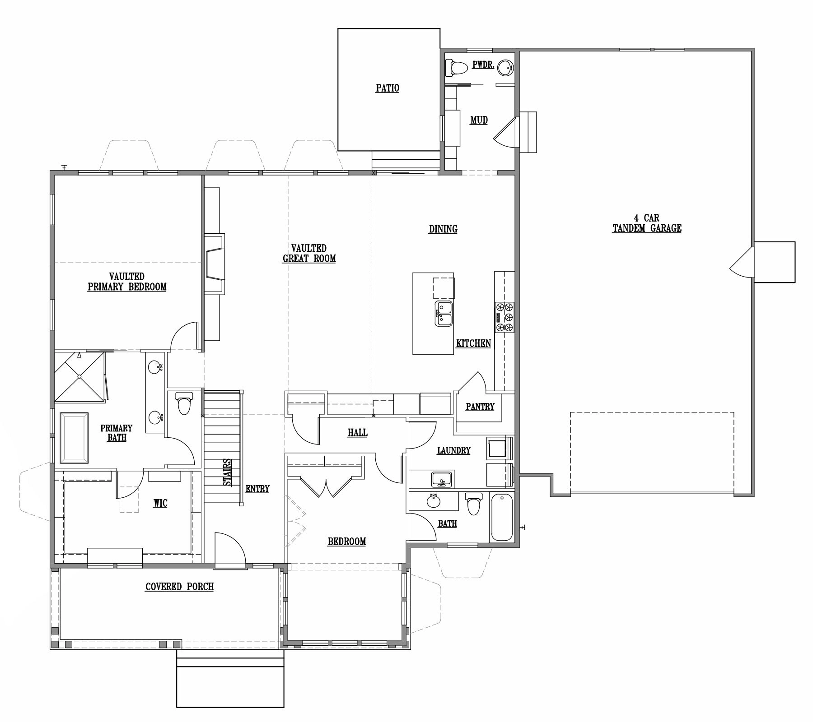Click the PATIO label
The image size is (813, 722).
pyautogui.click(x=387, y=88)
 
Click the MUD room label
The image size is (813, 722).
pyautogui.click(x=479, y=120)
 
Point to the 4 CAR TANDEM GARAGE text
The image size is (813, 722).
pyautogui.click(x=647, y=223)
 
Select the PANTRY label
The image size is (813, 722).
pyautogui.click(x=480, y=407)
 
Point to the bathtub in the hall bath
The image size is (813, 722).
pyautogui.click(x=502, y=517)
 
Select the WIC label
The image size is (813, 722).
pyautogui.click(x=160, y=503)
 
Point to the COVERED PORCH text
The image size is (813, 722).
pyautogui.click(x=179, y=587)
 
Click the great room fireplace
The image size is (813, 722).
pyautogui.click(x=215, y=264)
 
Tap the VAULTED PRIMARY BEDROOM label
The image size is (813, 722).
pyautogui.click(x=127, y=282)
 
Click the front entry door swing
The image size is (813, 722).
pyautogui.click(x=229, y=548)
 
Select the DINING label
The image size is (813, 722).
pyautogui.click(x=443, y=229)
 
